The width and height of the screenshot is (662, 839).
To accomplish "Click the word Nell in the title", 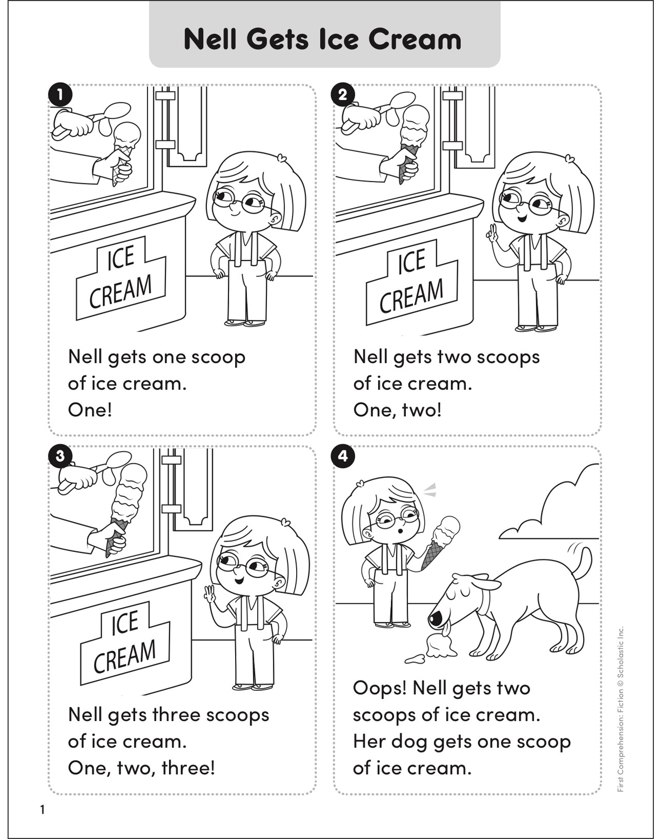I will (210, 39).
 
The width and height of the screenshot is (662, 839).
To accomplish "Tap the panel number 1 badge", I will (59, 95).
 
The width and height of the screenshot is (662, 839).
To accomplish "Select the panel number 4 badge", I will (343, 456).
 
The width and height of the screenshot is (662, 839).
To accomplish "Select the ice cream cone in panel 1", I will (125, 149).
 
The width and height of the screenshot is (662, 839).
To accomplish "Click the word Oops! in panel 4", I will (379, 688).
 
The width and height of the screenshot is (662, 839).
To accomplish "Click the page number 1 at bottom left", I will (43, 810).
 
